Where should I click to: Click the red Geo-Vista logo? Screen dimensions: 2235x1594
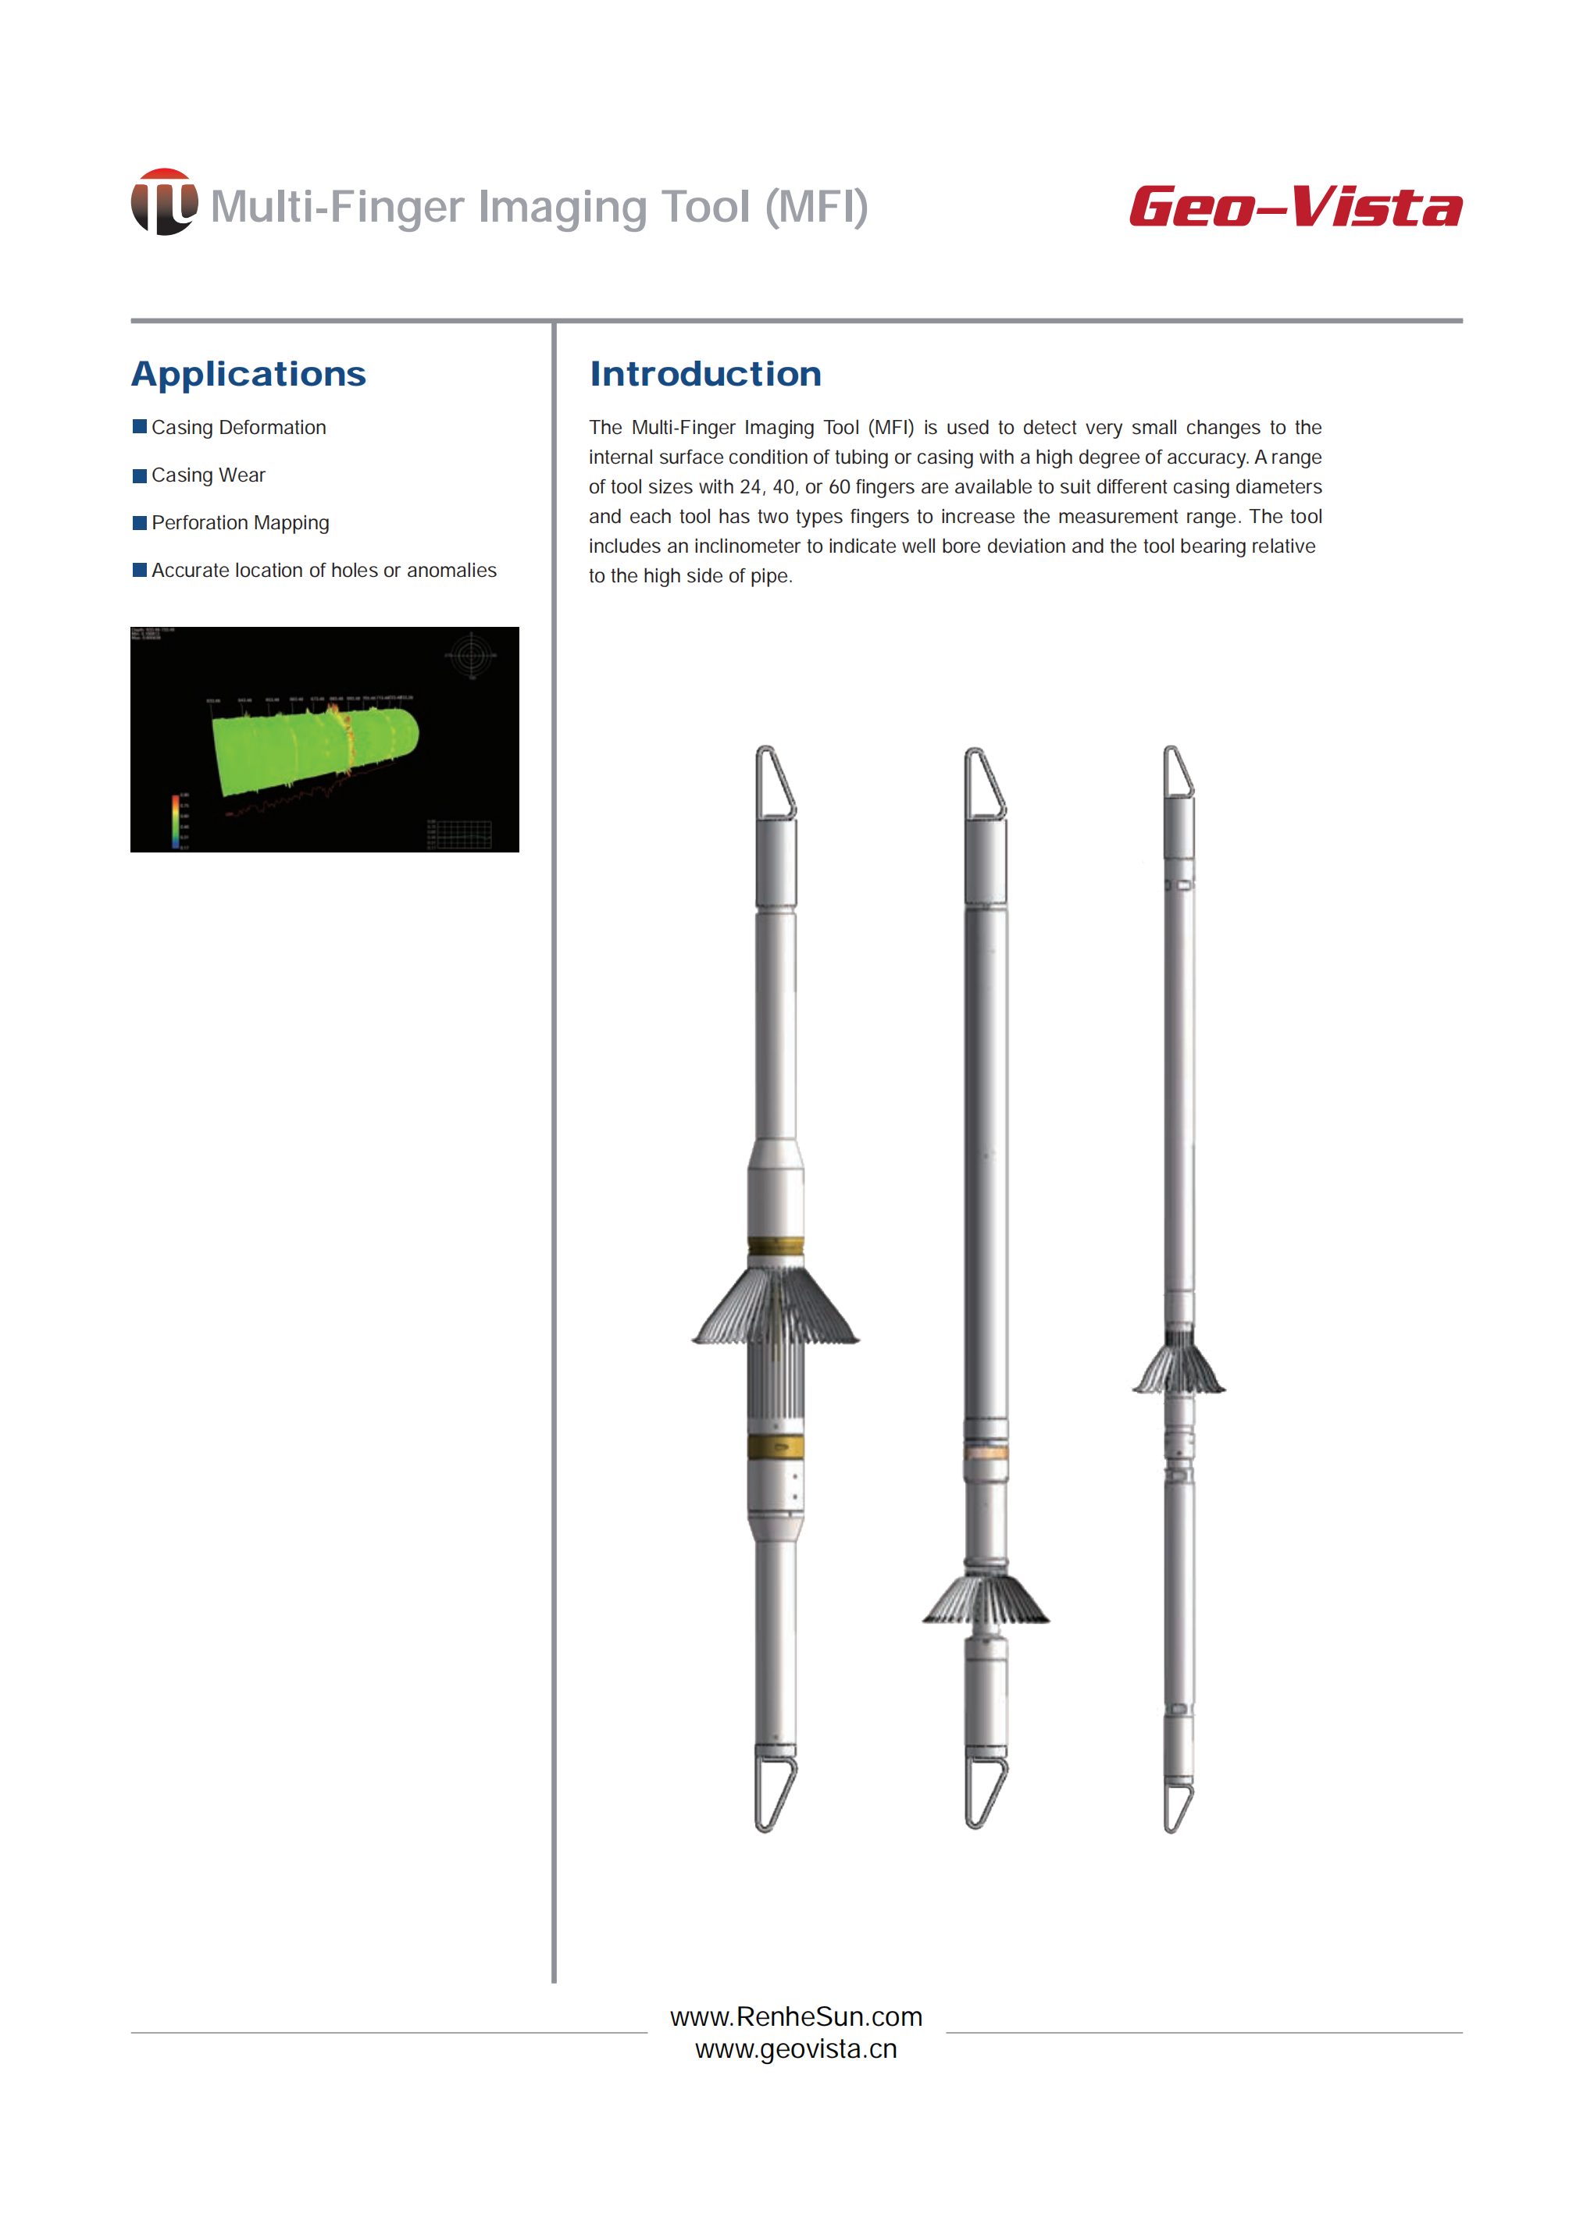[x=1295, y=207]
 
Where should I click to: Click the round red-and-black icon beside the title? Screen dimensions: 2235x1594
[x=164, y=202]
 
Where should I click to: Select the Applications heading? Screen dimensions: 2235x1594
[x=248, y=374]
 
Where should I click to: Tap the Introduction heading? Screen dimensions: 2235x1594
[x=704, y=374]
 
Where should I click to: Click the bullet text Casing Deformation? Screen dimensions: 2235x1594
[x=238, y=428]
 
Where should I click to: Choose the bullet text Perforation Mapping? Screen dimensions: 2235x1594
[x=241, y=523]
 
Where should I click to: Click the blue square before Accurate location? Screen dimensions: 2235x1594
[x=139, y=570]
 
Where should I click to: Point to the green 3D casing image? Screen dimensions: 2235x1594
[x=314, y=746]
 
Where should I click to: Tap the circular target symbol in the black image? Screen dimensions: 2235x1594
[x=471, y=654]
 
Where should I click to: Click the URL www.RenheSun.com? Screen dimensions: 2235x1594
[x=796, y=2017]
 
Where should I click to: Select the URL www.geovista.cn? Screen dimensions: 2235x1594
[x=796, y=2049]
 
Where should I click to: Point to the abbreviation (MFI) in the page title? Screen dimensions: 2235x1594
[x=817, y=207]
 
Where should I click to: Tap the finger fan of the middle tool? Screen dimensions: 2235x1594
[x=986, y=1600]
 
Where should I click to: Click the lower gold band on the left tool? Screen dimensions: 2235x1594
[x=776, y=1447]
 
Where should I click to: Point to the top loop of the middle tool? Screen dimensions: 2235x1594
[x=982, y=783]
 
